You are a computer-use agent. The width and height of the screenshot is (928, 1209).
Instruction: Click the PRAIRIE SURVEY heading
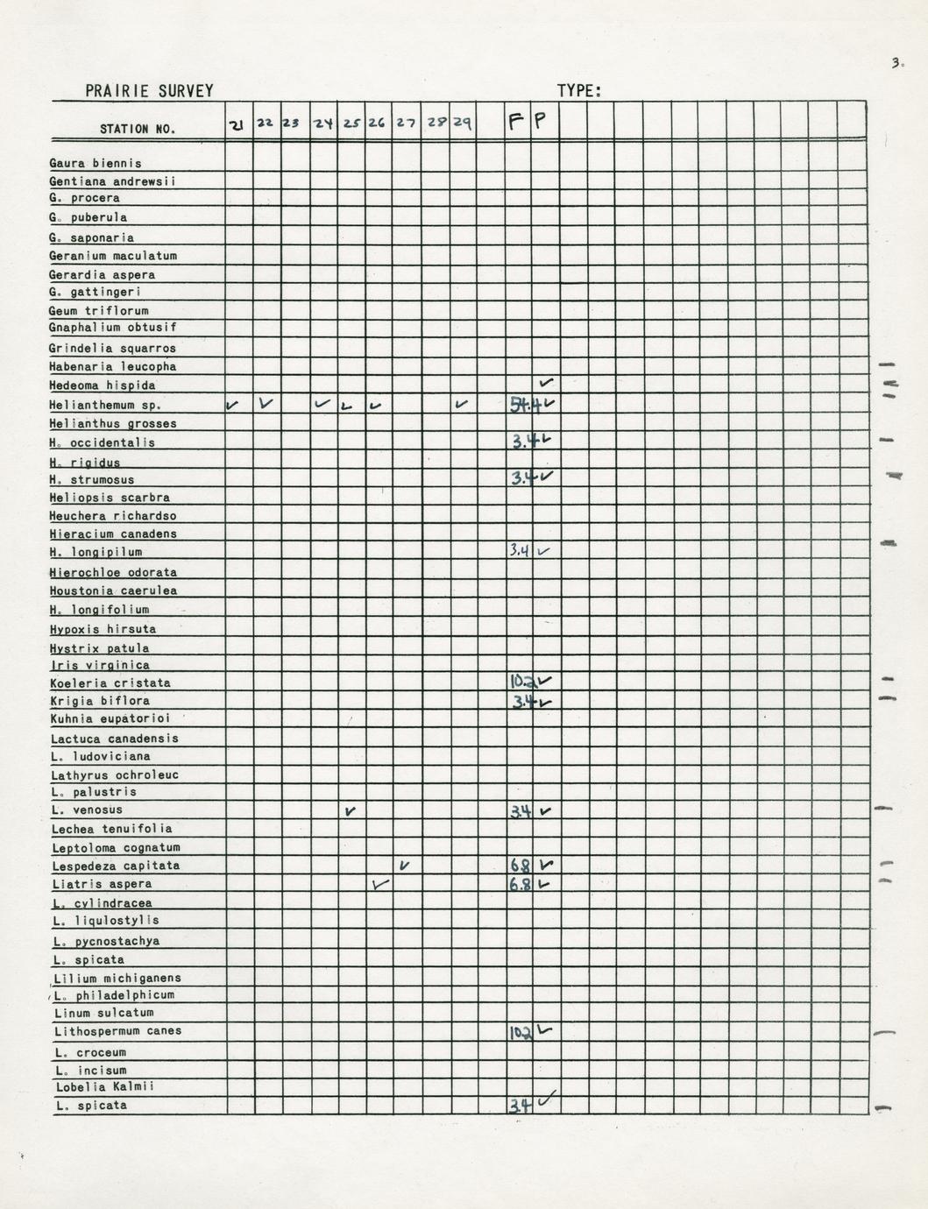point(149,91)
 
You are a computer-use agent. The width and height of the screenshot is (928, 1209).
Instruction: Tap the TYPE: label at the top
point(579,91)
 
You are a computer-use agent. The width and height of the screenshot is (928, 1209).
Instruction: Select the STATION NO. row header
point(138,130)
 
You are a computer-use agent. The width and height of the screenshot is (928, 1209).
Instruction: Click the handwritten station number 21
point(237,125)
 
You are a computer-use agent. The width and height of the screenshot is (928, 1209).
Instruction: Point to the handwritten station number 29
point(463,124)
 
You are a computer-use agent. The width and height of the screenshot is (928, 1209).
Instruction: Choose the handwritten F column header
point(516,123)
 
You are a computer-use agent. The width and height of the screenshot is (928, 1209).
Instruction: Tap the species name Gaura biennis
point(96,164)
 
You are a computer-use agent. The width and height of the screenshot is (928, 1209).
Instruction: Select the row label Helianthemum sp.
point(105,406)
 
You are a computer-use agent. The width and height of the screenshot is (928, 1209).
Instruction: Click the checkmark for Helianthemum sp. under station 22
point(266,404)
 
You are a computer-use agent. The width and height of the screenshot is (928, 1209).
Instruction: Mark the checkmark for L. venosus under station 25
point(351,810)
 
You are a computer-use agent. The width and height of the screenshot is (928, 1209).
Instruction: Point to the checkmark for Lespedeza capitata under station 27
point(404,866)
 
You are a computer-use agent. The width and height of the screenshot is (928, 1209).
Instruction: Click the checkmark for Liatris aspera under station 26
point(379,885)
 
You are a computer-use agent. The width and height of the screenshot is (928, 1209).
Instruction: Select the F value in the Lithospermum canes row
point(521,1033)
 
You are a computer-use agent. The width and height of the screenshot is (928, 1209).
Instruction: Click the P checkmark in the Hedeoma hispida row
point(547,383)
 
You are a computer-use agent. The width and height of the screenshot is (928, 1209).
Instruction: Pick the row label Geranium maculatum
point(113,257)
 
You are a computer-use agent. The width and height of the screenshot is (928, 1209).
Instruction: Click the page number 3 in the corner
point(896,63)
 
